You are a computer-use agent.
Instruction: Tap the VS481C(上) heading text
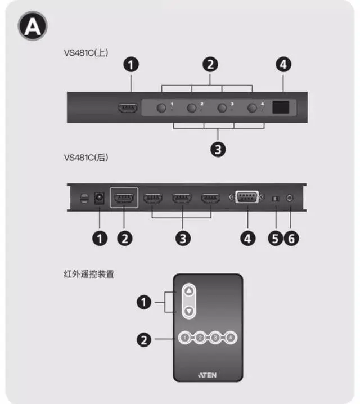(x=86, y=53)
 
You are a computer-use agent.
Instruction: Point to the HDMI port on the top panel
(x=128, y=109)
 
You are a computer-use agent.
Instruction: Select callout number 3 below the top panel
(x=218, y=149)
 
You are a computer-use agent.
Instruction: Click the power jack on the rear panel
(x=100, y=198)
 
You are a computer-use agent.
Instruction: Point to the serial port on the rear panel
(x=247, y=199)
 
